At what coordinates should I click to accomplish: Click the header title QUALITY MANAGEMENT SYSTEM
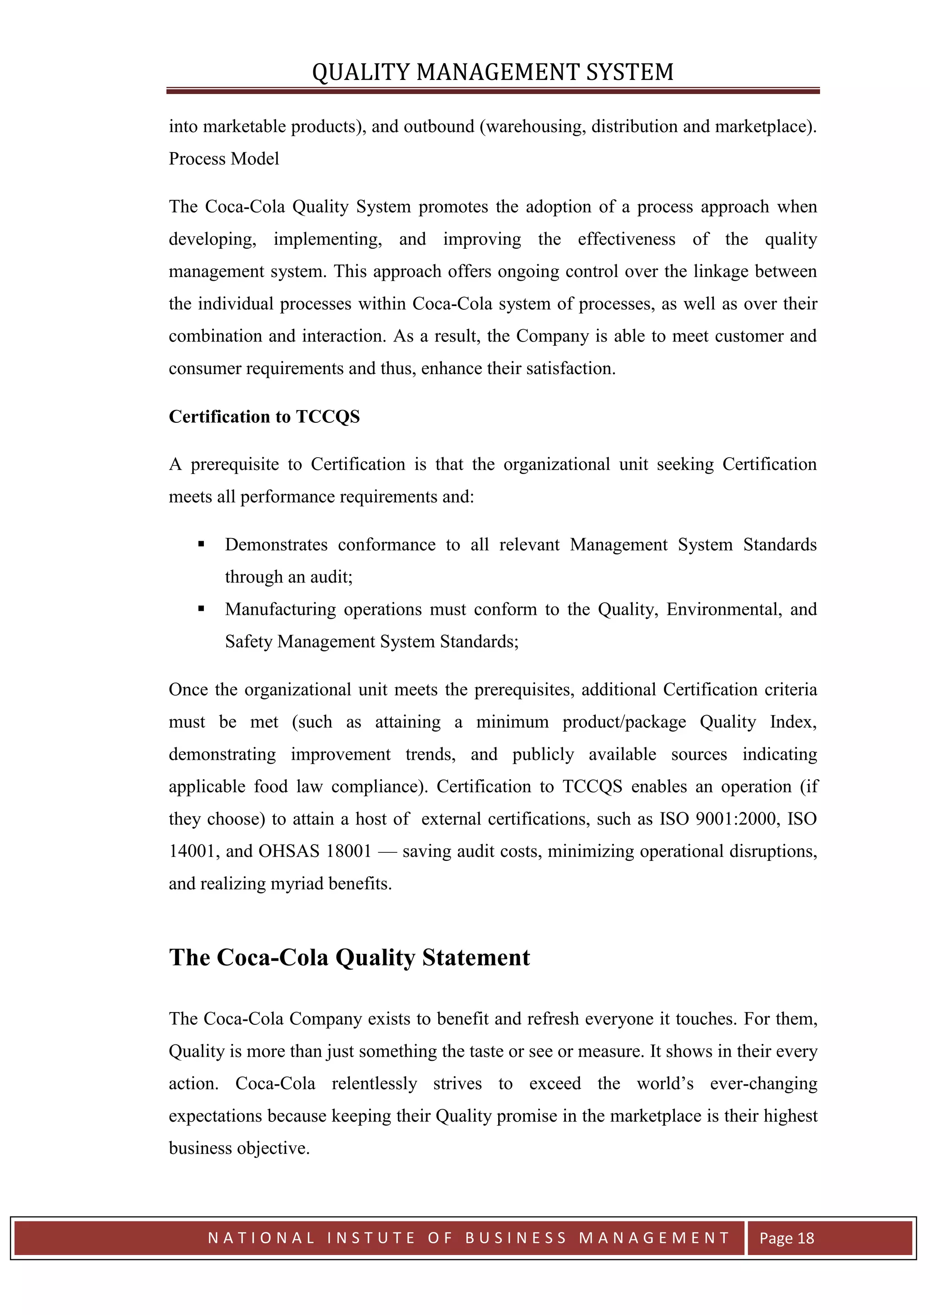click(x=493, y=72)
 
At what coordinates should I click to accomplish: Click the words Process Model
click(x=224, y=158)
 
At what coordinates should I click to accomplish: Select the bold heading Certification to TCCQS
click(x=264, y=416)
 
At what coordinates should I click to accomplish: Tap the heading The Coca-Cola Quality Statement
click(x=349, y=957)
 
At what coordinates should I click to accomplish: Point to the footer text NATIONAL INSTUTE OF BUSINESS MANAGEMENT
click(x=469, y=1238)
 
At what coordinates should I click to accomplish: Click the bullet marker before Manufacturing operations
click(x=201, y=609)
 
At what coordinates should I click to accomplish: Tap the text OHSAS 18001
click(x=315, y=851)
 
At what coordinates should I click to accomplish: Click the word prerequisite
click(x=235, y=465)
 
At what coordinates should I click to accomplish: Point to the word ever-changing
click(x=763, y=1083)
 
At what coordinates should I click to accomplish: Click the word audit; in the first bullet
click(x=331, y=577)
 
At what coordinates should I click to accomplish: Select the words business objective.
click(x=239, y=1148)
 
